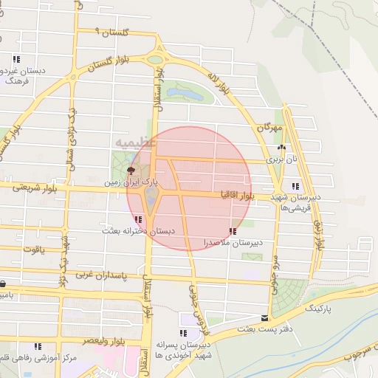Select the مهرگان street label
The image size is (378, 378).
[x=270, y=128]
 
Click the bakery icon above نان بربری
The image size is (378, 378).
[x=281, y=148]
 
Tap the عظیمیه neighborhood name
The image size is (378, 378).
[x=136, y=140]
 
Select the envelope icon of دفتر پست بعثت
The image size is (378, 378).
[x=265, y=317]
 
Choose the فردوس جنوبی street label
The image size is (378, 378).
[x=195, y=303]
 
